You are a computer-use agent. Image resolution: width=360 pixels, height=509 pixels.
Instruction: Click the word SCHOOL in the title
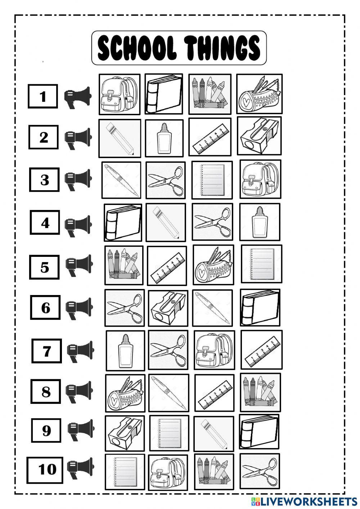point(137,48)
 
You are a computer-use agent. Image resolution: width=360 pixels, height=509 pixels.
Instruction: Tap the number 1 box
point(43,96)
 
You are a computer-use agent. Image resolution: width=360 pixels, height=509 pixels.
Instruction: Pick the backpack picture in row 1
point(119,94)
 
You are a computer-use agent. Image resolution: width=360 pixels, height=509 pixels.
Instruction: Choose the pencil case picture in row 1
point(259,94)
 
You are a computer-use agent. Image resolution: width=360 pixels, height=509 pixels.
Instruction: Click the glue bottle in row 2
point(164,138)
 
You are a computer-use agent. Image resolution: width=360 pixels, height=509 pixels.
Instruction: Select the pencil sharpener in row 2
point(259,136)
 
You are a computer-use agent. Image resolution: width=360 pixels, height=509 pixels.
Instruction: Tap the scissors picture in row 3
point(166,180)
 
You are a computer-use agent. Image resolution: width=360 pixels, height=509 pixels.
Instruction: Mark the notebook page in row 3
point(212,180)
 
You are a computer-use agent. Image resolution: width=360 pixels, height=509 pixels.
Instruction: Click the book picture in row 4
point(123,223)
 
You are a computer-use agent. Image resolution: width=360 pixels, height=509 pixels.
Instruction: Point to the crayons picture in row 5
point(124,265)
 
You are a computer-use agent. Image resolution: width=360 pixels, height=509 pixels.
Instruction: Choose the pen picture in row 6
point(212,308)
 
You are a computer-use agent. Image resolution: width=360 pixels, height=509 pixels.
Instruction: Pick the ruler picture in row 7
point(261,350)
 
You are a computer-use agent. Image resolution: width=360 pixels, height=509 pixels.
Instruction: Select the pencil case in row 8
point(125,393)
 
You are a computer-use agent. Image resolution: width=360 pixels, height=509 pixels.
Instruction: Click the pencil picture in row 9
point(213,433)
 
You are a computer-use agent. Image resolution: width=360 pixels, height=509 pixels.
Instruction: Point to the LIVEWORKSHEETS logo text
point(308,501)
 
